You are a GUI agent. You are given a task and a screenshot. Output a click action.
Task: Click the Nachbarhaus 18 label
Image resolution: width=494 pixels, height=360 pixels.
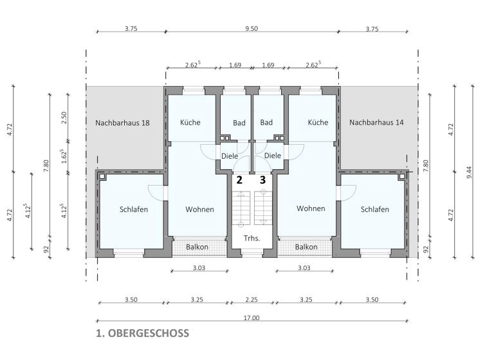[x=122, y=122]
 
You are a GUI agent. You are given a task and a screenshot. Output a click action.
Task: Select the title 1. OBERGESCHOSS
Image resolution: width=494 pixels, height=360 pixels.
[x=142, y=333]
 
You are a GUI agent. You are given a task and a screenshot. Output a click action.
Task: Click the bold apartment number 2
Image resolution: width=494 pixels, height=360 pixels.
[x=239, y=180]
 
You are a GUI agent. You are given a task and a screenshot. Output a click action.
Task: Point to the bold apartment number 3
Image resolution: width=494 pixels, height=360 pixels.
[x=262, y=180]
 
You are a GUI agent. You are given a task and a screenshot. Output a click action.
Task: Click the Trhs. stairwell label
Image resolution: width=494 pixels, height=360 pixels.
[x=252, y=239]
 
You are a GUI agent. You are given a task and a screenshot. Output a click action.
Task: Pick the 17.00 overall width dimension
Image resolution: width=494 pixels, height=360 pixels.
[x=252, y=318]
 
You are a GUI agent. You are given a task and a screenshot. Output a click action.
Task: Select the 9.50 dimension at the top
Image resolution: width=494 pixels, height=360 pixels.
[x=252, y=28]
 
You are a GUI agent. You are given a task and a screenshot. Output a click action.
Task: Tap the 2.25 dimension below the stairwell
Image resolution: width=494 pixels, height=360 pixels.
[x=252, y=300]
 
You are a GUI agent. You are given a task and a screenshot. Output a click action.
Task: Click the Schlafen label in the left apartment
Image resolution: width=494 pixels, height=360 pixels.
[x=133, y=209]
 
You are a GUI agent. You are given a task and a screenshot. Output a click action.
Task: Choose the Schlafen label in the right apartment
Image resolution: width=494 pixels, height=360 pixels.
[x=375, y=209]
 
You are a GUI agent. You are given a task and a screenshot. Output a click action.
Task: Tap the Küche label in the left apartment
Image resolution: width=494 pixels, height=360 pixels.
[x=190, y=122]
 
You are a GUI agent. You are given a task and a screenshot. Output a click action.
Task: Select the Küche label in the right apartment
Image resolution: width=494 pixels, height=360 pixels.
[x=318, y=122]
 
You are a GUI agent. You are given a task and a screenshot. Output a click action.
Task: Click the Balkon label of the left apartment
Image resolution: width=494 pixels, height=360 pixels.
[x=197, y=247]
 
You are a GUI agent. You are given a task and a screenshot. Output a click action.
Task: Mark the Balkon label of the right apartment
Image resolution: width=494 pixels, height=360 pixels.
[x=306, y=247]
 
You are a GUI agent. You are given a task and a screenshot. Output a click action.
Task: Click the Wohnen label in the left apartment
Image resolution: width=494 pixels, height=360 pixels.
[x=199, y=209]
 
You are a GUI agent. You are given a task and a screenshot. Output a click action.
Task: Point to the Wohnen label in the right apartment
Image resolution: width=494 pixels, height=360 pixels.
[x=311, y=208]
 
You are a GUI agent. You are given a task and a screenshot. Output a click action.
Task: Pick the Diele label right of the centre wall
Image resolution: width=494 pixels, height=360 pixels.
[x=273, y=156]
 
